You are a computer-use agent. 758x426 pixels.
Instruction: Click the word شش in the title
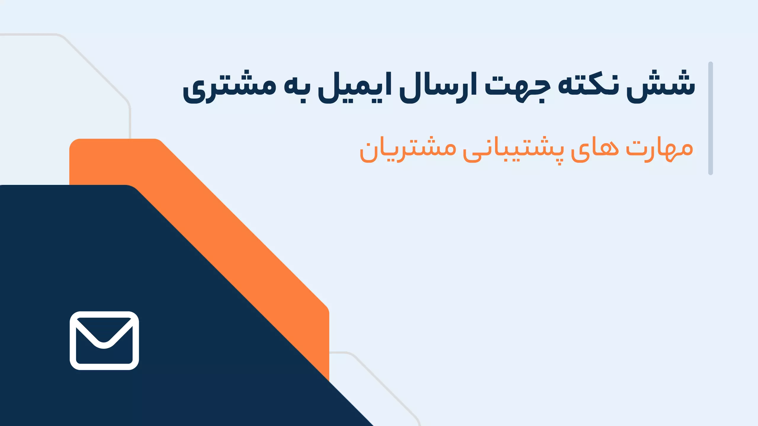tap(661, 86)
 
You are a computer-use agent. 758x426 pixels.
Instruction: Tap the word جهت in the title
tap(518, 88)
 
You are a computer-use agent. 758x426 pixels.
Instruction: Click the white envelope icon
tap(104, 341)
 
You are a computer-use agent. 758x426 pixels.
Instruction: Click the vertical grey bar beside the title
tap(710, 118)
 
